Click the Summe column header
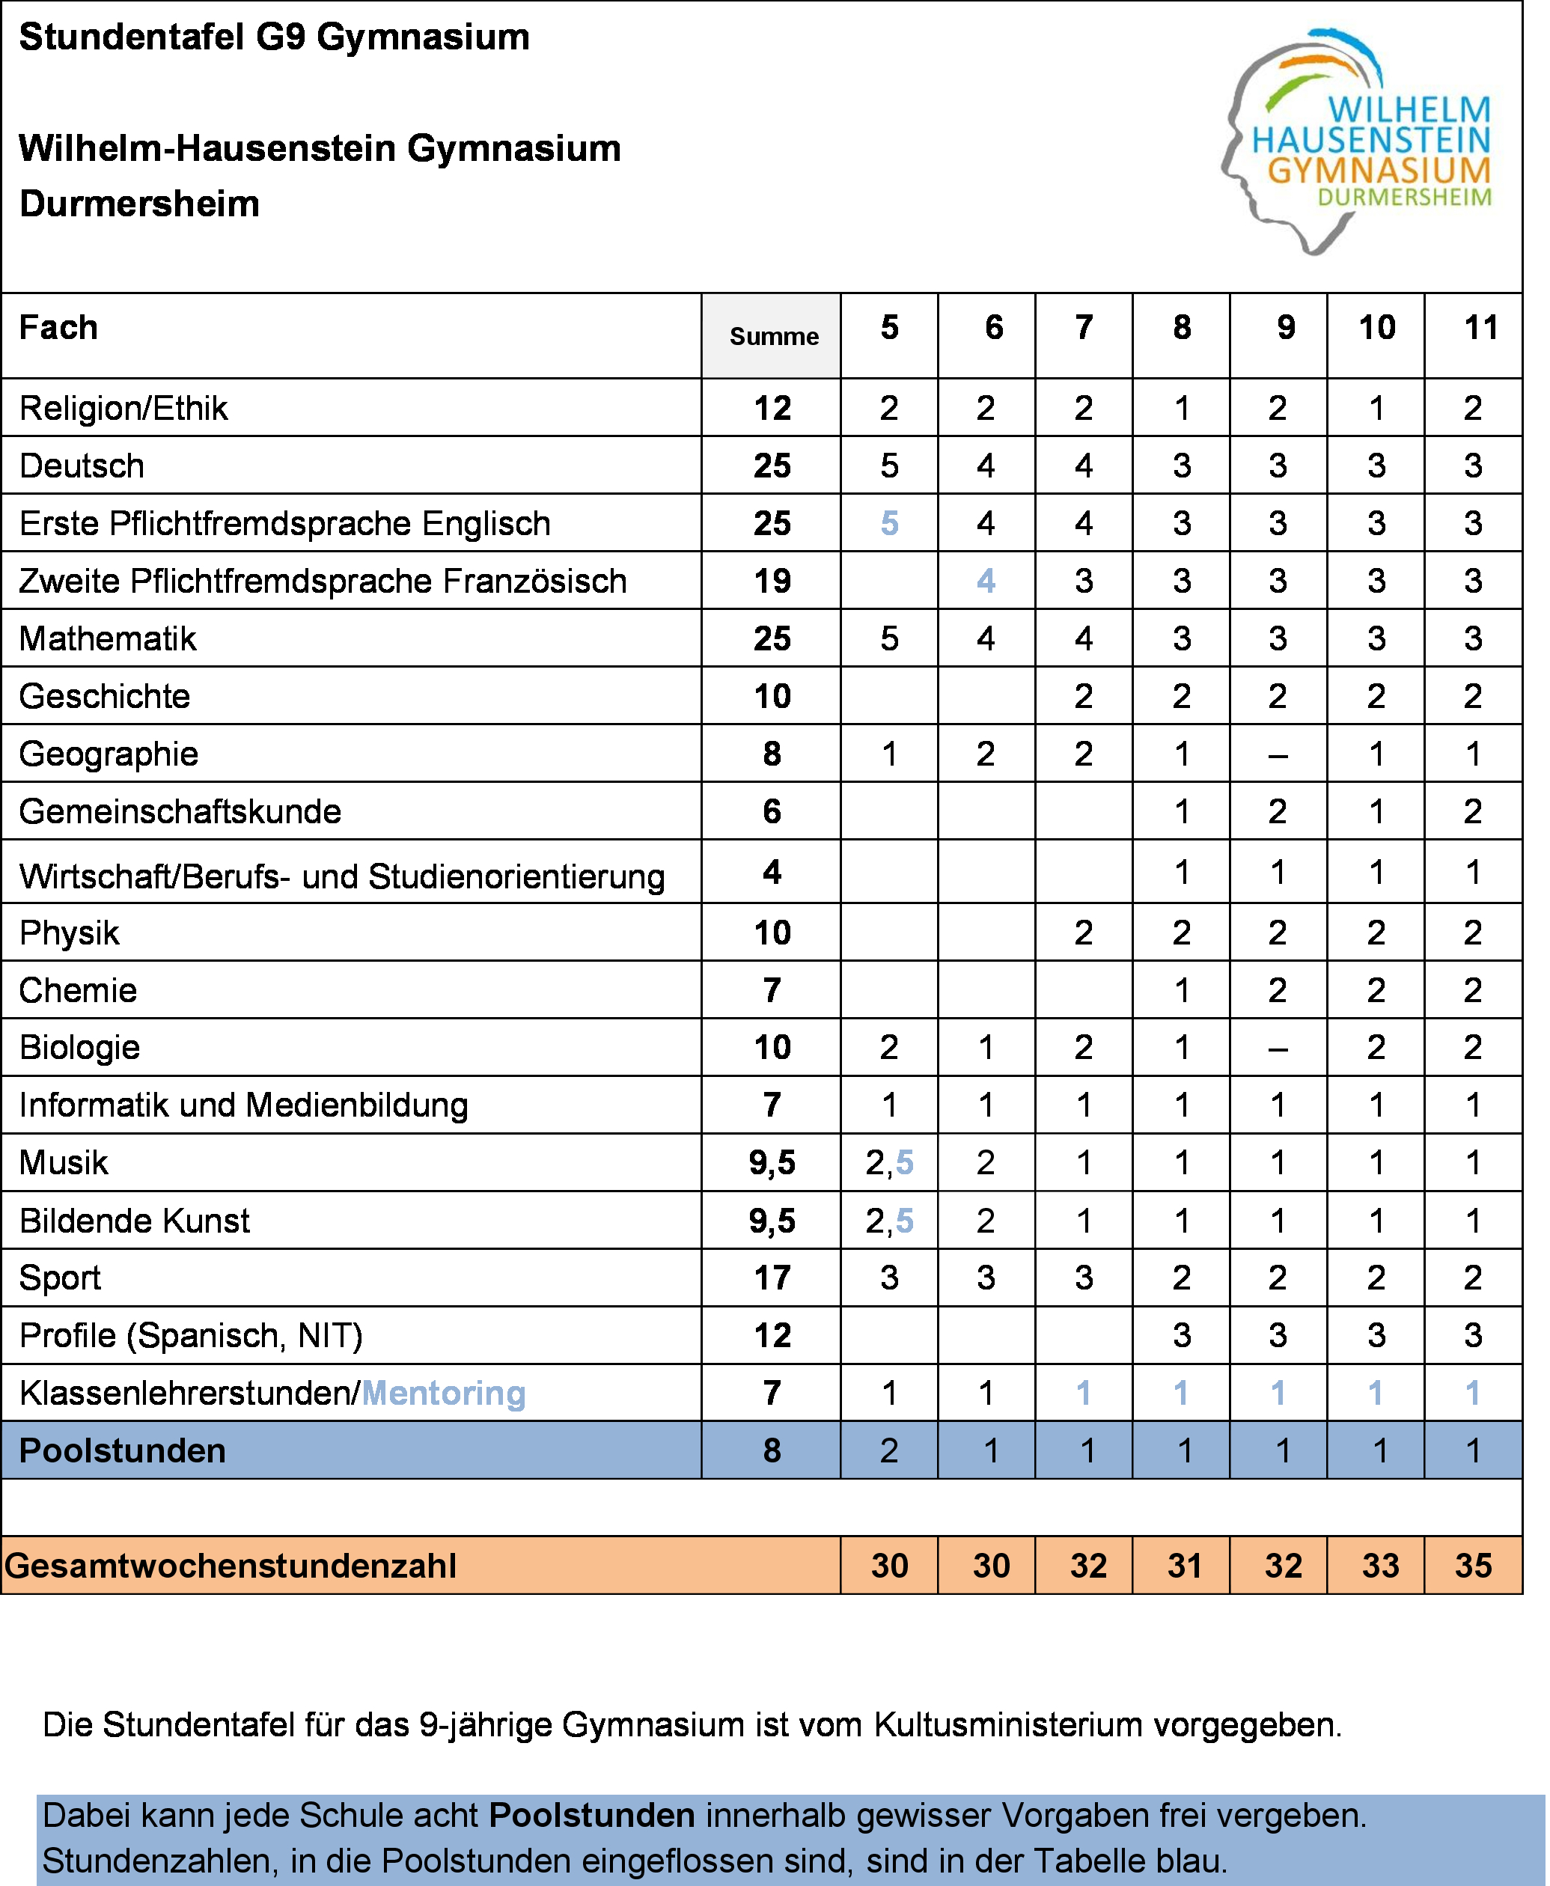[x=773, y=337]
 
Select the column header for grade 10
[x=1376, y=328]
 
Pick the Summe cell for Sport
[x=772, y=1278]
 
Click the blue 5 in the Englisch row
[x=889, y=523]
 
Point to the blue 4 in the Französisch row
[x=986, y=582]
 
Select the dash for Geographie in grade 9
[x=1278, y=755]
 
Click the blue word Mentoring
[x=444, y=1393]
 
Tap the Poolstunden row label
[x=122, y=1451]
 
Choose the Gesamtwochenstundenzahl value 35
[x=1473, y=1566]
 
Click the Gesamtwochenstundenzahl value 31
[x=1184, y=1566]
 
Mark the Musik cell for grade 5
[x=889, y=1163]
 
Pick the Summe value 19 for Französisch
[x=772, y=582]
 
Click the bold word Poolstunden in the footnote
[x=592, y=1816]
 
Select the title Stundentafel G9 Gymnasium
[x=274, y=37]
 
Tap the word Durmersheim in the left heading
[x=139, y=204]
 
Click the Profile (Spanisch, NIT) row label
[x=191, y=1336]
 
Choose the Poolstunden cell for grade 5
[x=889, y=1451]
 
